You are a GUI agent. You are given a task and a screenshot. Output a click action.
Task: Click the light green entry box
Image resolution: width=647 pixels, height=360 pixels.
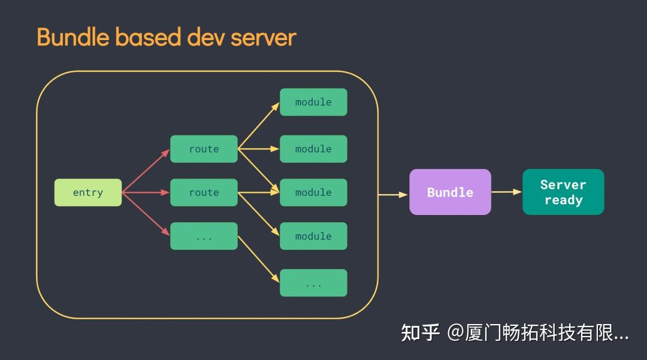click(x=88, y=192)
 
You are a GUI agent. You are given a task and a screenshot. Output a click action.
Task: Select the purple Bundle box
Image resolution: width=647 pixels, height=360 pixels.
click(x=450, y=192)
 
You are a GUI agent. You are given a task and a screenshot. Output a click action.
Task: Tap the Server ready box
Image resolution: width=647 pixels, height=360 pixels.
click(x=563, y=192)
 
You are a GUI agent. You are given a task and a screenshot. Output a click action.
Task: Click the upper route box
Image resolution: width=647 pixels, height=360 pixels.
click(x=204, y=149)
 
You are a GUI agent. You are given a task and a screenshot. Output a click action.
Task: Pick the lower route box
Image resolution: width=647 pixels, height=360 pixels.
click(x=204, y=192)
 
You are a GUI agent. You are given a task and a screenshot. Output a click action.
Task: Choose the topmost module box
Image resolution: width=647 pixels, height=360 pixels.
click(x=313, y=102)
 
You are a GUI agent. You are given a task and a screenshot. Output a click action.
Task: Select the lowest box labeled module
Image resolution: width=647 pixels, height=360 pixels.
click(x=313, y=236)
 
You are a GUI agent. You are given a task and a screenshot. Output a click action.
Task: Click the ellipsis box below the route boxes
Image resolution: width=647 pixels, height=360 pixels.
click(x=204, y=236)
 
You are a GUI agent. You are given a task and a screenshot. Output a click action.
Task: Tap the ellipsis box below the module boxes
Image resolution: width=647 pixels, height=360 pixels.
click(x=313, y=283)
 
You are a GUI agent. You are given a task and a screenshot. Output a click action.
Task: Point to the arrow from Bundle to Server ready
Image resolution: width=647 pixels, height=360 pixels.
click(x=506, y=192)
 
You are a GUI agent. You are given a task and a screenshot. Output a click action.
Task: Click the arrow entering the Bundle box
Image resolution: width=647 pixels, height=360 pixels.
click(x=394, y=194)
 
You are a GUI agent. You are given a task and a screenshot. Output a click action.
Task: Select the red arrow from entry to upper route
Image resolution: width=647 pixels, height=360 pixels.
click(x=146, y=171)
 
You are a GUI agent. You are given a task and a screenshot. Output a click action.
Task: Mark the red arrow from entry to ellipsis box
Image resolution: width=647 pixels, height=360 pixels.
click(x=146, y=214)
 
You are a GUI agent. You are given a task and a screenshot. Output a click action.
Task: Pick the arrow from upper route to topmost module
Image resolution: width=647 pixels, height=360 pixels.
click(x=259, y=126)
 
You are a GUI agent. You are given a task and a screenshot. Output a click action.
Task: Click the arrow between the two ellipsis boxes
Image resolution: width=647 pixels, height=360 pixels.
click(x=259, y=259)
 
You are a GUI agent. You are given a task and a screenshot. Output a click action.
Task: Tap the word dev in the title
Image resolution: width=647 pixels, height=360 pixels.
click(x=206, y=37)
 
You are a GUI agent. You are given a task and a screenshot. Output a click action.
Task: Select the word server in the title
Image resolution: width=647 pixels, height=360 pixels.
click(x=264, y=37)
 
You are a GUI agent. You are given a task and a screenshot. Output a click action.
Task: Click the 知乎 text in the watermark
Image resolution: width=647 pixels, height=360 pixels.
click(x=421, y=332)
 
